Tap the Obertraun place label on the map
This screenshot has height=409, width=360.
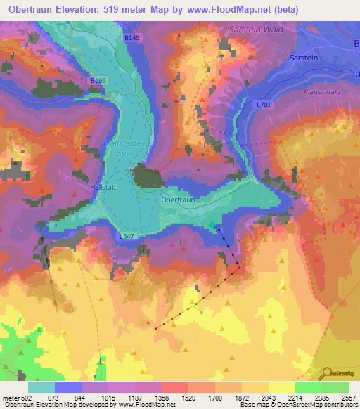click(176, 200)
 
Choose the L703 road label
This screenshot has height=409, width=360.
click(264, 105)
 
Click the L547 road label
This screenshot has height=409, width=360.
click(127, 237)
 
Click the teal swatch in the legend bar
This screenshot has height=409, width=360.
click(41, 387)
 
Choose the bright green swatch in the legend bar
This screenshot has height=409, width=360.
click(308, 387)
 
